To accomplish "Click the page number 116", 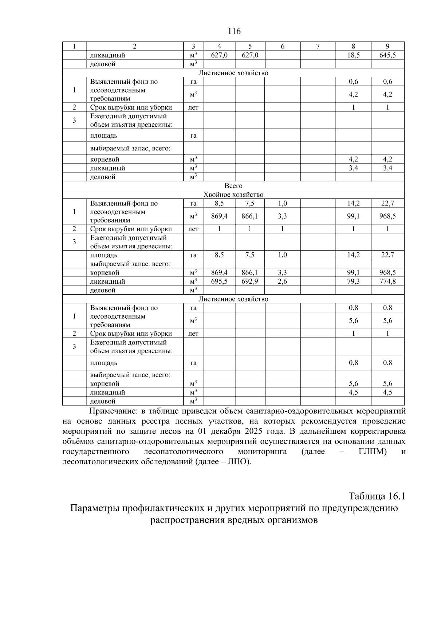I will pos(234,31).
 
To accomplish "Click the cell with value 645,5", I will pos(387,55).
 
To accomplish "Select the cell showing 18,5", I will pos(353,55).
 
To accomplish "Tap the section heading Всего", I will pos(233,186).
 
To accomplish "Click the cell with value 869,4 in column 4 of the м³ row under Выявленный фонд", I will pos(219,216).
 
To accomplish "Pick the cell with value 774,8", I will pos(387,281).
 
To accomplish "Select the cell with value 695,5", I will pos(219,281).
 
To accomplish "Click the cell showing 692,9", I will pos(250,281).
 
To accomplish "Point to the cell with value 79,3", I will pos(353,281).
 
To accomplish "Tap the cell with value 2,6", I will pos(282,281).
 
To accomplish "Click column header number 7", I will pos(318,46).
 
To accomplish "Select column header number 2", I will pos(134,46).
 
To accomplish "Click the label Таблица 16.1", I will pos(377,496).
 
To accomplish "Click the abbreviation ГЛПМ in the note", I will pos(370,452).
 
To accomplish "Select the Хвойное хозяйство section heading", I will pos(233,194).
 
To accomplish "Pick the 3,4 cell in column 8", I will pos(353,168).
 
